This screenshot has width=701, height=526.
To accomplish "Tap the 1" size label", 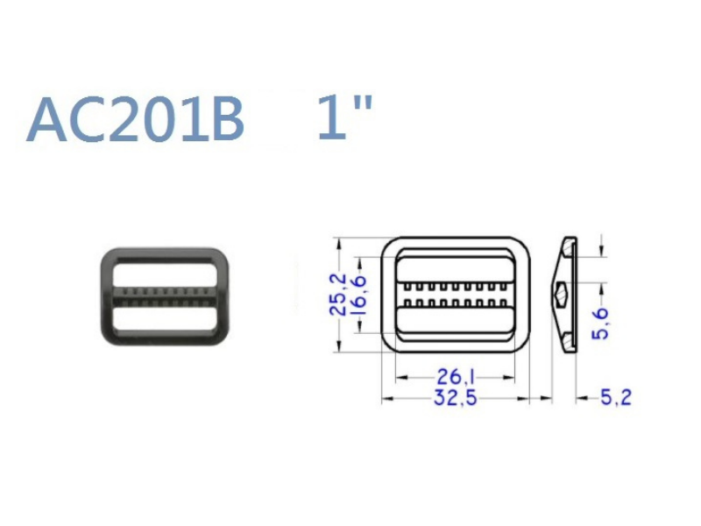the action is point(344,117).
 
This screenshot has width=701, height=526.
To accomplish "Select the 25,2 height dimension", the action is point(338,295).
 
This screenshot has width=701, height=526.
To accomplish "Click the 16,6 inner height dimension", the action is point(358,295).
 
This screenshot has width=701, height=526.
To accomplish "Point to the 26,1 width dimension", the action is point(455,377).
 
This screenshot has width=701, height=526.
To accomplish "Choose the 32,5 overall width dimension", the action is point(455,398).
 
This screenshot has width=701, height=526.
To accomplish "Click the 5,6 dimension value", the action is point(601,323).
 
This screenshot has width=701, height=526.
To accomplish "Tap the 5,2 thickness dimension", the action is point(616,397).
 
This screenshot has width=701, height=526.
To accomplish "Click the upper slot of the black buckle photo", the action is point(165,274).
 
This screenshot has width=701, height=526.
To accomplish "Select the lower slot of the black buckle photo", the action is point(165,319).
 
